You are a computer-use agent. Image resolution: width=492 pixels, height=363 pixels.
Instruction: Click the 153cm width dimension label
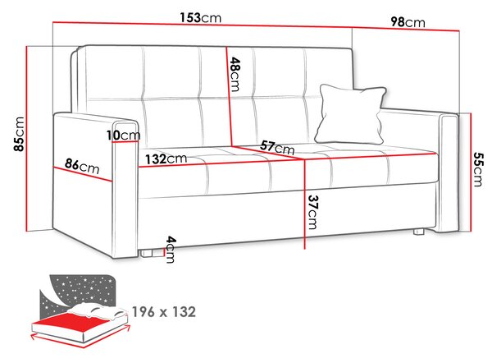pos(201,17)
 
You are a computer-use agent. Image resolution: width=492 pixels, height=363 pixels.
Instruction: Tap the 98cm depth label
pos(408,22)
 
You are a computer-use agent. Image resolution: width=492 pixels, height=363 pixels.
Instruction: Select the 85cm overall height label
pos(19,134)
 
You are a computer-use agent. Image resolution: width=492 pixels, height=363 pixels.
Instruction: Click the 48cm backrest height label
pos(235,74)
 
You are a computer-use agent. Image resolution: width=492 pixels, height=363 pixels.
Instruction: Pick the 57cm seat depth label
pos(277,147)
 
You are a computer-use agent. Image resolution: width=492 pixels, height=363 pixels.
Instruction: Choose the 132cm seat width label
pos(166,159)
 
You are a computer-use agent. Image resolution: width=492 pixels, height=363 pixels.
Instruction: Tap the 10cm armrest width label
pos(123,136)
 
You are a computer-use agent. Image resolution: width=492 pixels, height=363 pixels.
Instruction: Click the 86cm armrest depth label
pos(82,167)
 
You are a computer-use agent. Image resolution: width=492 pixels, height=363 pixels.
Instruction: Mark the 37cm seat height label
pos(312,212)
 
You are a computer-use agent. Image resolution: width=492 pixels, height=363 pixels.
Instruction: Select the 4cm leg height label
pos(170,249)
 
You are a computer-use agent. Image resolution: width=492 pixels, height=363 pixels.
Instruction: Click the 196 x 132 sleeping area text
pos(164,312)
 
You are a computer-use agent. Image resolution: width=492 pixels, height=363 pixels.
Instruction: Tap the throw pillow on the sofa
pos(351,114)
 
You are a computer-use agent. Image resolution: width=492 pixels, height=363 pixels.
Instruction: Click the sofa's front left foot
pos(147,253)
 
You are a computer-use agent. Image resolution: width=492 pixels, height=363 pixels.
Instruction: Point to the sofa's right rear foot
pos(419,232)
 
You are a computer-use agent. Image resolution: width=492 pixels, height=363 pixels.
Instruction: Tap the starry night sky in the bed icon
pos(81,291)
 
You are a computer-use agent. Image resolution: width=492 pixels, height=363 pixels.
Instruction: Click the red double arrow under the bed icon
pos(80,337)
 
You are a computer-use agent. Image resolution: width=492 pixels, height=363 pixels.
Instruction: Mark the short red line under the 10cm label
pos(125,142)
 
